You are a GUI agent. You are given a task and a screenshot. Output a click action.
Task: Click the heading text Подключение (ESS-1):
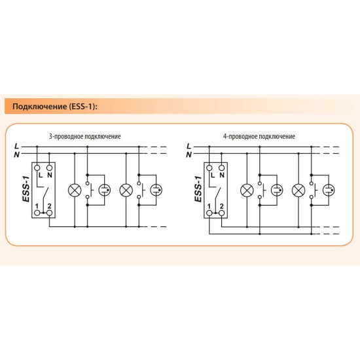tap(55, 107)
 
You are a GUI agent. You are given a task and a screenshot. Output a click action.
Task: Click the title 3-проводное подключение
tap(85, 136)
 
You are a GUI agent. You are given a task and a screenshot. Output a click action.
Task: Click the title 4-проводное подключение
tap(259, 136)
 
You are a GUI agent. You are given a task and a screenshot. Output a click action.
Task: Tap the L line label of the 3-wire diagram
tap(16, 146)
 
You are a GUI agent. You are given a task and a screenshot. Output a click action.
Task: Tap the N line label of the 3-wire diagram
tap(16, 154)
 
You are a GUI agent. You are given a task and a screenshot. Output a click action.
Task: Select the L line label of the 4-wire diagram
tap(189, 146)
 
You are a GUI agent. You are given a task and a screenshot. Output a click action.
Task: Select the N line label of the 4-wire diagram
tap(189, 154)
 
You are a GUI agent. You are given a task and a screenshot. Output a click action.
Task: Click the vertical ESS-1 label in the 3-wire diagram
tap(26, 189)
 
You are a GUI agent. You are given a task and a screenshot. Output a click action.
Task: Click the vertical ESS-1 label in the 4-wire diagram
tap(198, 189)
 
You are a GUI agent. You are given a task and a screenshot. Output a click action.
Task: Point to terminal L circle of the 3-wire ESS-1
tap(37, 168)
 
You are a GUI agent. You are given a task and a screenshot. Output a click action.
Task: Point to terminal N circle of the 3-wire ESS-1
tap(49, 168)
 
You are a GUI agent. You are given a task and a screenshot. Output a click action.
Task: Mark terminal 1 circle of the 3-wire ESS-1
tap(37, 213)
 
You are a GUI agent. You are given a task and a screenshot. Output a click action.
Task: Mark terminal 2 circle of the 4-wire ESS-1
tap(221, 213)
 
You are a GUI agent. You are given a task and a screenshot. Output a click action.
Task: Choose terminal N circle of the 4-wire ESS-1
tap(221, 168)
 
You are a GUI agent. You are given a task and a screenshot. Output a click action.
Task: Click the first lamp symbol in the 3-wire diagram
tap(75, 190)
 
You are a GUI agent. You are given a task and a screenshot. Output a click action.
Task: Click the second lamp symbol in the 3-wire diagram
tap(126, 190)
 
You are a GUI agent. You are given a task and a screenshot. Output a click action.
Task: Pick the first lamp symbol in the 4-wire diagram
tap(247, 190)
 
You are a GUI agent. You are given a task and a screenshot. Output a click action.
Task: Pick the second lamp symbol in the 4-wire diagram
tap(298, 190)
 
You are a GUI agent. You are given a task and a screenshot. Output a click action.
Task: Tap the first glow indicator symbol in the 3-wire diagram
tap(105, 190)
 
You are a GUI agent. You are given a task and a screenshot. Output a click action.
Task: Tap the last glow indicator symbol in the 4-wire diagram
tap(329, 190)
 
